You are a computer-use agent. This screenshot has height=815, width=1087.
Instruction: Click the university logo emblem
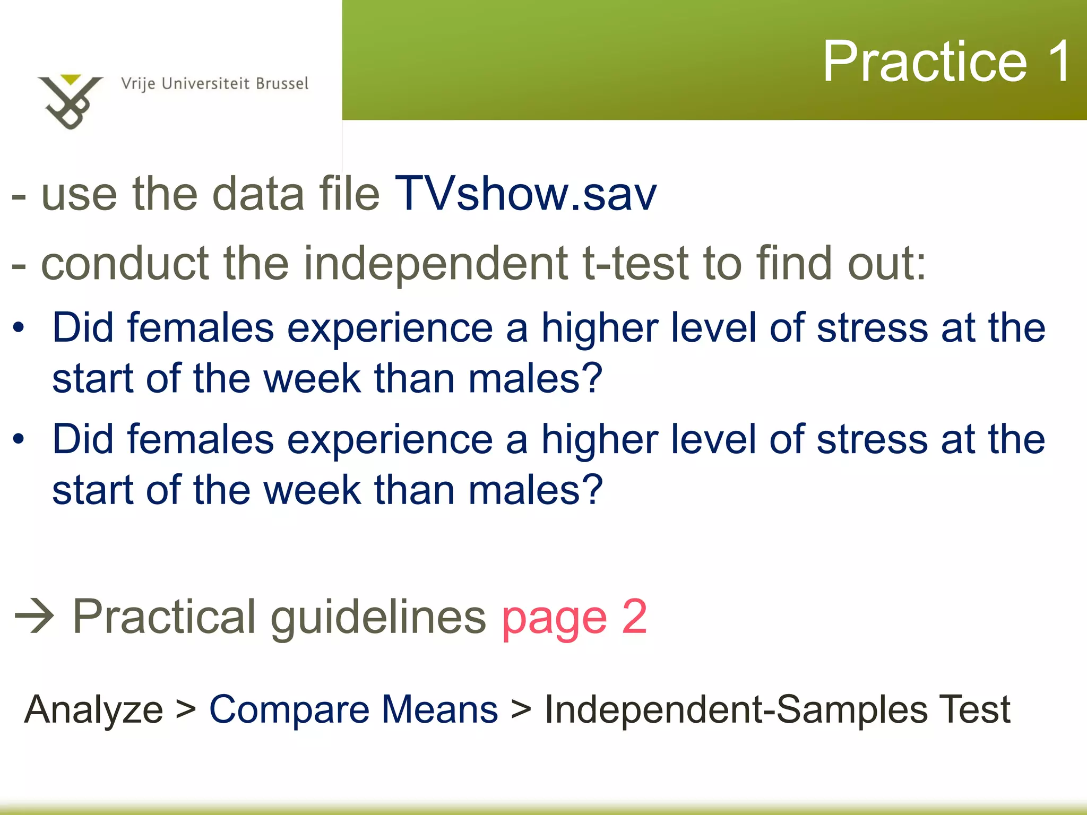[70, 101]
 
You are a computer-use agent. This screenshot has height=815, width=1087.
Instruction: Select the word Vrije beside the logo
[138, 84]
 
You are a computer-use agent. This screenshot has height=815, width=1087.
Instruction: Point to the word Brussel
[282, 84]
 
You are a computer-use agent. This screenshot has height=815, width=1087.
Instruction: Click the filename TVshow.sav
[525, 194]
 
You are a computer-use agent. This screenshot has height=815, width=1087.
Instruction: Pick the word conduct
[125, 263]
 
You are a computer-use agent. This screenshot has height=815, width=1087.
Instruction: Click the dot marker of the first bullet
[19, 327]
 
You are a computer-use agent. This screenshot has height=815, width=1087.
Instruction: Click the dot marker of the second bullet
[19, 439]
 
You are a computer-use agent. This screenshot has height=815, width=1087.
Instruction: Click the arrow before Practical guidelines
[34, 616]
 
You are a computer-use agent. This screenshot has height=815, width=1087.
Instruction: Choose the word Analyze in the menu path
[93, 710]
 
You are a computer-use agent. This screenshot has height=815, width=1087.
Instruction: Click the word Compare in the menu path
[289, 710]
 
